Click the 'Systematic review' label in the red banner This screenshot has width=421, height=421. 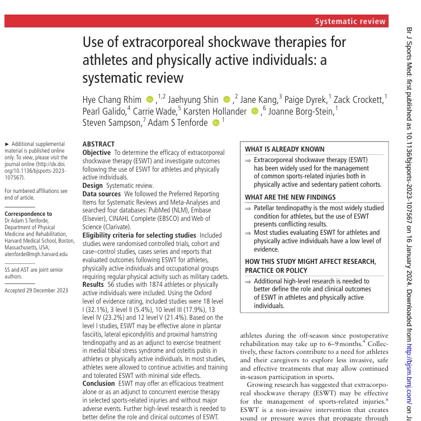(x=351, y=22)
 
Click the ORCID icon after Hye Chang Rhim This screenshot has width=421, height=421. (x=149, y=100)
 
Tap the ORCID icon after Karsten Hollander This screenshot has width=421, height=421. (x=255, y=111)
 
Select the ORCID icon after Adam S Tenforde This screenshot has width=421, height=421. (x=216, y=122)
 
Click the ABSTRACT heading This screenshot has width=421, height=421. (x=98, y=144)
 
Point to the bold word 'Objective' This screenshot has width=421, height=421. (x=97, y=152)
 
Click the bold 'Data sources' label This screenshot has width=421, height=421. (x=101, y=194)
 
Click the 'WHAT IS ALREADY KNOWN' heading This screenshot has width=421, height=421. (x=285, y=149)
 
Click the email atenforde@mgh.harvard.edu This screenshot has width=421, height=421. (x=36, y=254)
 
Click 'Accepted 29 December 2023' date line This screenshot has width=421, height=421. (x=36, y=290)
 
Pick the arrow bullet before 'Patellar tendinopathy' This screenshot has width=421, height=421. (x=248, y=207)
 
